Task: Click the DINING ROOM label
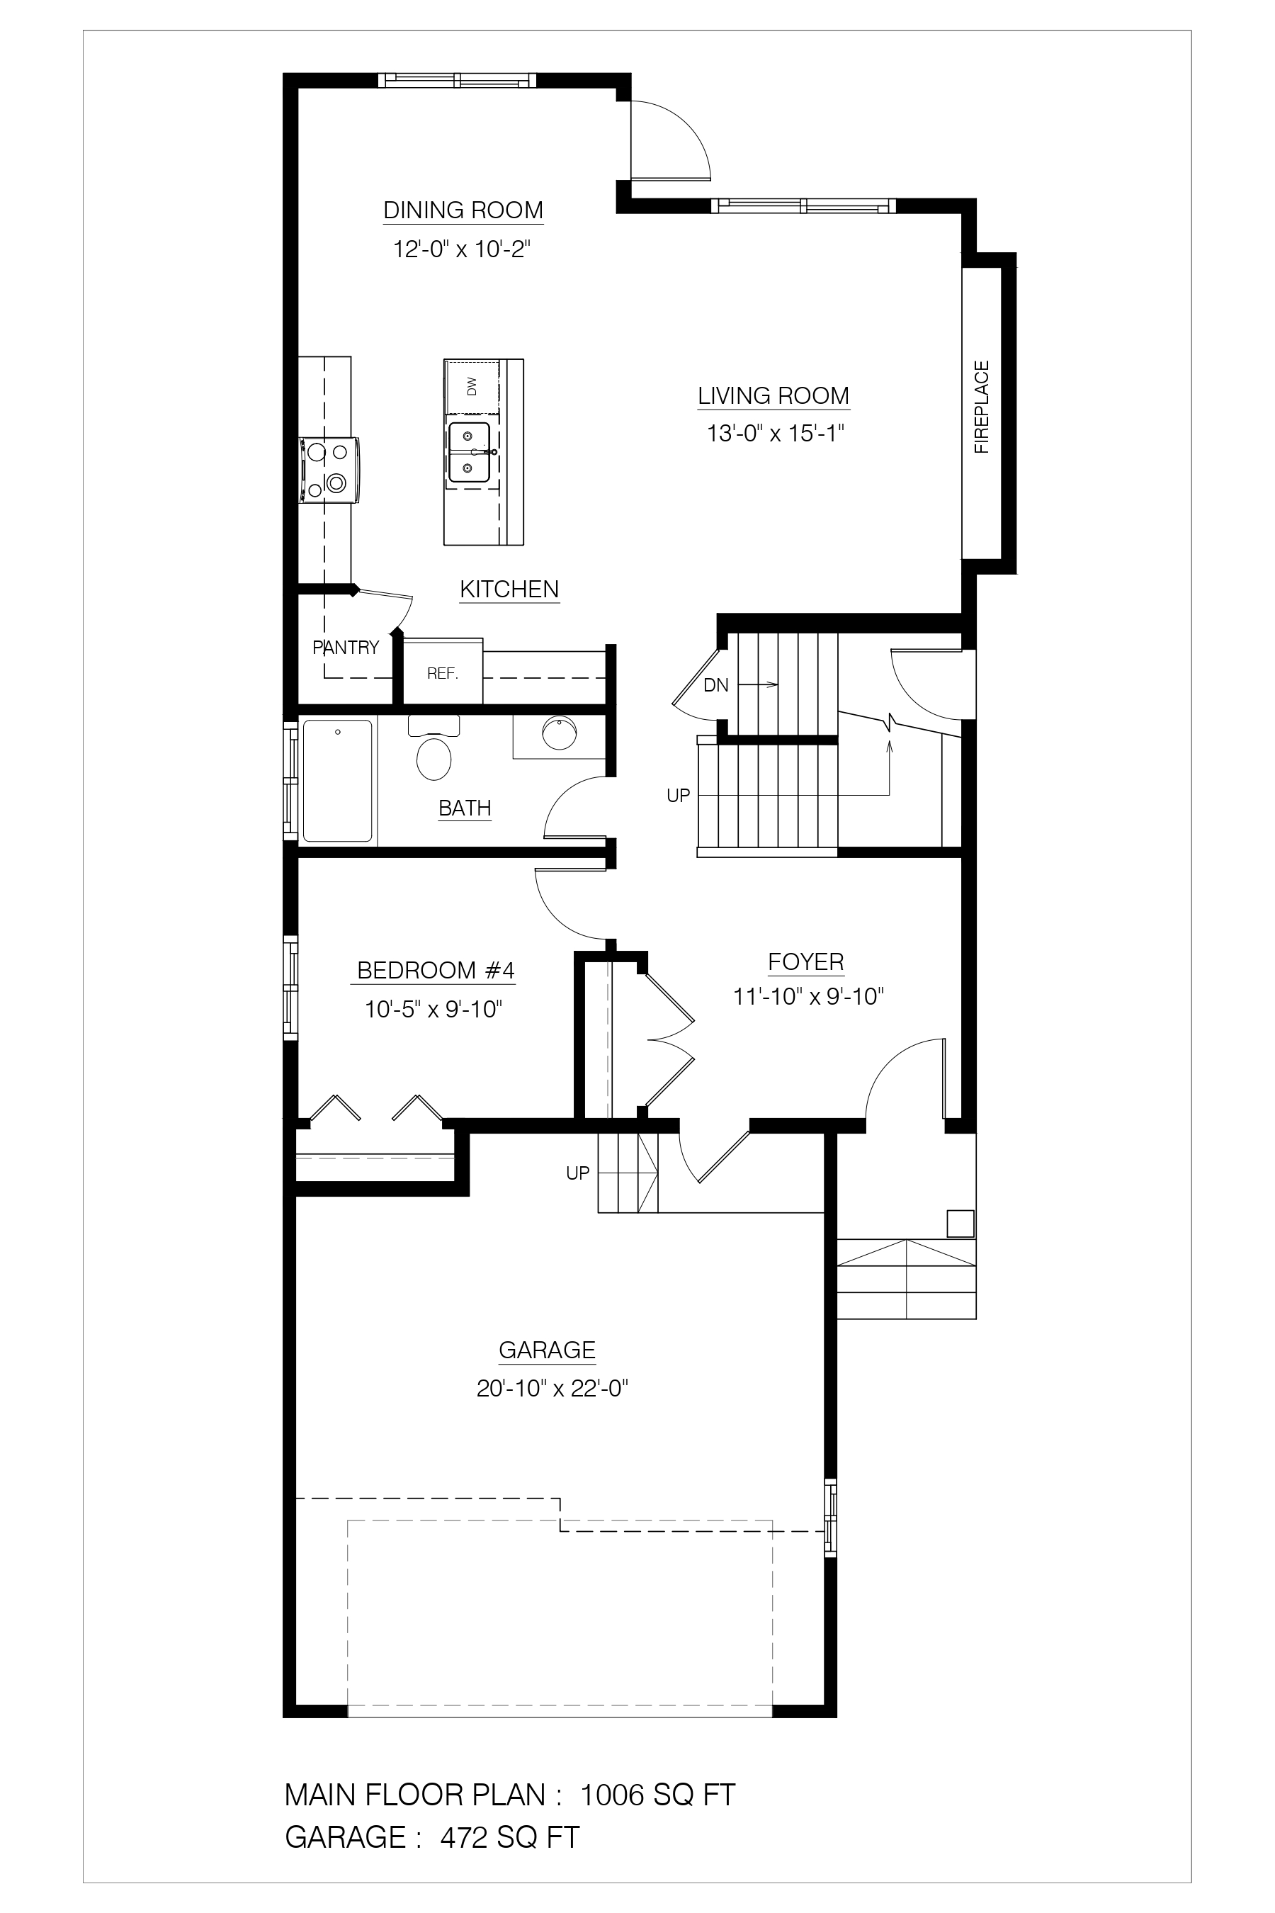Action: click(463, 210)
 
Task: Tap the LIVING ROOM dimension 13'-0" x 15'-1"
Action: click(775, 434)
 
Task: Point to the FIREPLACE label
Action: click(982, 407)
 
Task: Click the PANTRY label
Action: click(346, 648)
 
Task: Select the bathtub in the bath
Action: click(337, 781)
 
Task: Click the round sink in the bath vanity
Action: click(559, 733)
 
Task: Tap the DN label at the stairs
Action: click(715, 686)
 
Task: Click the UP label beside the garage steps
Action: click(577, 1173)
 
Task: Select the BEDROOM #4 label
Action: click(436, 971)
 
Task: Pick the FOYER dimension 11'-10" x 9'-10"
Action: click(808, 996)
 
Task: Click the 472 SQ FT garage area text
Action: click(510, 1836)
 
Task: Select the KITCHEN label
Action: click(510, 589)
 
